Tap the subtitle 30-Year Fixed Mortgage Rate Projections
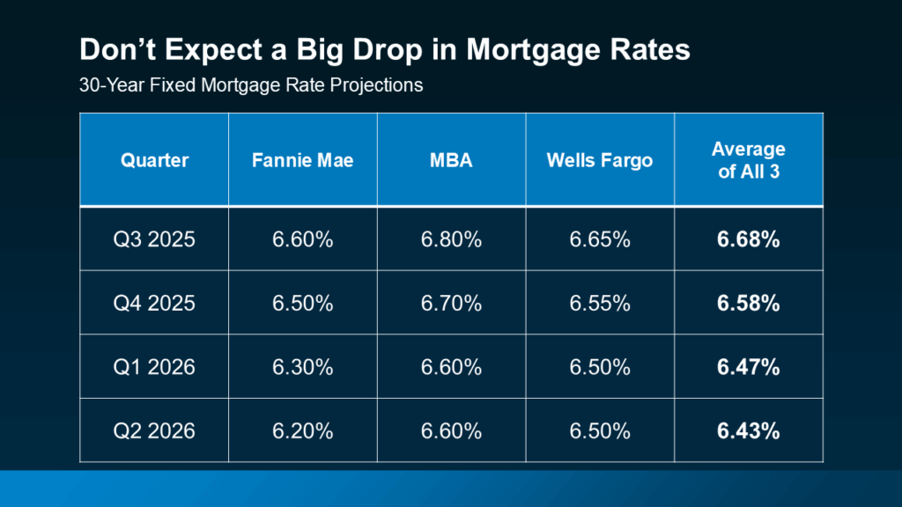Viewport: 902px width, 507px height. point(251,86)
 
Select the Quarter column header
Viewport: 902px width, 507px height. point(155,160)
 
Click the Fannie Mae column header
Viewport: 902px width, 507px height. point(302,160)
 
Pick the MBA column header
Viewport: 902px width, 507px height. point(451,160)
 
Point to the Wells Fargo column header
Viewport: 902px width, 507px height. point(599,160)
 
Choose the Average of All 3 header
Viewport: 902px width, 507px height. point(748,160)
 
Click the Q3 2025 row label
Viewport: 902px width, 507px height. point(155,239)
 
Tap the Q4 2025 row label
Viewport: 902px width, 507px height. point(155,304)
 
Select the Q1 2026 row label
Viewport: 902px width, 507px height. point(155,367)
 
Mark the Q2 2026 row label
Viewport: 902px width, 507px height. point(155,431)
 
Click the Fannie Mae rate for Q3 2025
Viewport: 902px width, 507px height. point(302,239)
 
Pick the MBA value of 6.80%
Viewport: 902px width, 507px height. point(451,239)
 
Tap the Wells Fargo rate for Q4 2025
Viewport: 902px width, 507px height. point(599,304)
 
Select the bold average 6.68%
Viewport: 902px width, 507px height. point(748,239)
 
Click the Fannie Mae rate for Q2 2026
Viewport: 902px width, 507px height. point(302,431)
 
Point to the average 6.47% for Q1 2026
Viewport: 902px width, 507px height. point(748,367)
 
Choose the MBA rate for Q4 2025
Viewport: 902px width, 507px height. point(451,304)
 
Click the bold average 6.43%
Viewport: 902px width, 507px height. point(748,431)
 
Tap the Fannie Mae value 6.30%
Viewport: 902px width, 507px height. point(302,367)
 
